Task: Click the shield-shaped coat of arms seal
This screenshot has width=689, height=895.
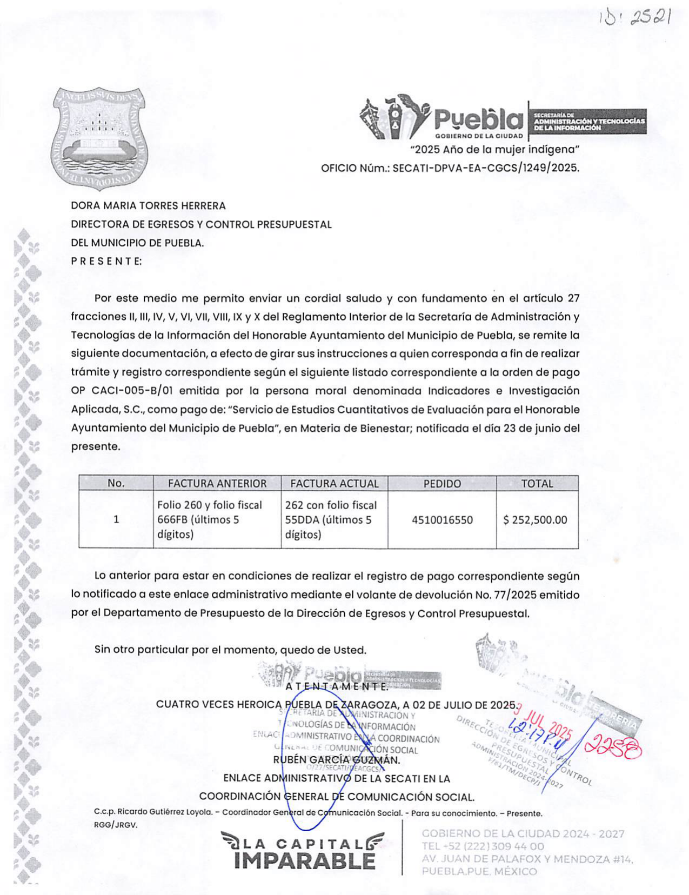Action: [x=99, y=138]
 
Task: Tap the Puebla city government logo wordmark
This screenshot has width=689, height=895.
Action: [x=478, y=119]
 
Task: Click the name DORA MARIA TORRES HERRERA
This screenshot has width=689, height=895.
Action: [x=149, y=206]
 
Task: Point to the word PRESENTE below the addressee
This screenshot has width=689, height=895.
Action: [x=106, y=261]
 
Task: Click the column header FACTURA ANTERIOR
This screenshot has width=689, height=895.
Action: [x=217, y=483]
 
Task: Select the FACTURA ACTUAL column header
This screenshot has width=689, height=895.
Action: [x=335, y=483]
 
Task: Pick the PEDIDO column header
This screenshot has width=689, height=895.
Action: [x=442, y=483]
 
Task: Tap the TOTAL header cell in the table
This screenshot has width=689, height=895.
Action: [x=537, y=483]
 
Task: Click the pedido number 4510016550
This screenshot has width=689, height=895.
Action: [x=442, y=520]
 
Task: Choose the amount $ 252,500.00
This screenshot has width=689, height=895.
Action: [x=535, y=520]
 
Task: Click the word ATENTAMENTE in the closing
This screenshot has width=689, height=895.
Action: [x=337, y=687]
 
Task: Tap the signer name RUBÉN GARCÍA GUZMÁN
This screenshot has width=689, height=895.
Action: [x=337, y=760]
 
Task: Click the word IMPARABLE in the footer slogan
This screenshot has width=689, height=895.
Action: [x=305, y=861]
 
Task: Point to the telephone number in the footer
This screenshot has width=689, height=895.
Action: [x=483, y=846]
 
